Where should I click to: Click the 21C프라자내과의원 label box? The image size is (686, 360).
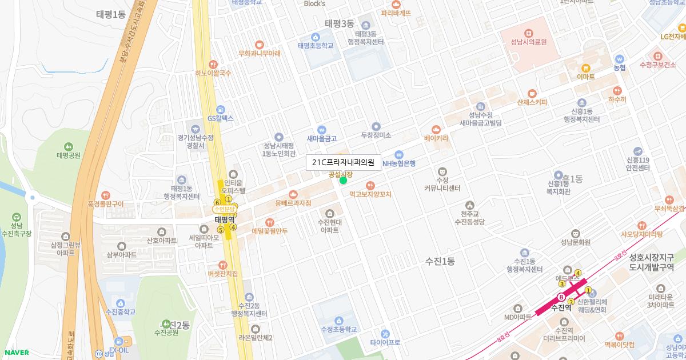[x=343, y=162]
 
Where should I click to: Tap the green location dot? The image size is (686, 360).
[x=343, y=181]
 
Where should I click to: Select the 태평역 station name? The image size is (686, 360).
[x=225, y=219]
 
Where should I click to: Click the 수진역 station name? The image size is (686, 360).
[x=561, y=307]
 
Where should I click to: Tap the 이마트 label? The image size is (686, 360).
[x=585, y=77]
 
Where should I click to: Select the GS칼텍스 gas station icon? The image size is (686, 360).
[x=221, y=109]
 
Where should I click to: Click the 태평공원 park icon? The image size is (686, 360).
[x=69, y=146]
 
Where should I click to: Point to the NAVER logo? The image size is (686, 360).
[x=15, y=353]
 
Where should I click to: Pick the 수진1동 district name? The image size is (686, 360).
[x=440, y=261]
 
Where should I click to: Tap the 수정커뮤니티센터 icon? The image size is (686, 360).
[x=442, y=171]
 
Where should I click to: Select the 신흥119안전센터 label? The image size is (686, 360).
[x=638, y=164]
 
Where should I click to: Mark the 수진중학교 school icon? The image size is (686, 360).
[x=120, y=303]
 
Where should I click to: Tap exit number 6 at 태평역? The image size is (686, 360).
[x=217, y=202]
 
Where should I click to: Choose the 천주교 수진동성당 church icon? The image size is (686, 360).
[x=469, y=205]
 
